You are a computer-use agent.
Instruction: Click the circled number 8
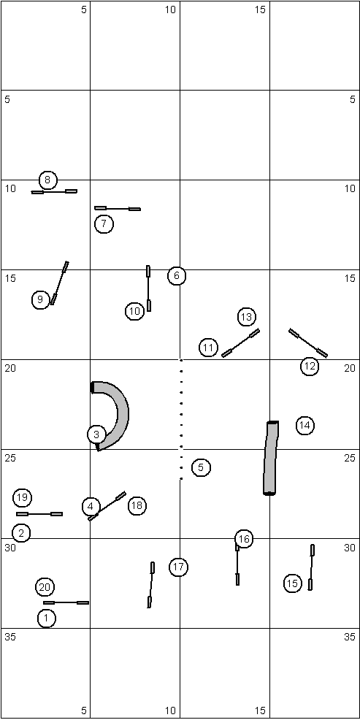click(x=47, y=180)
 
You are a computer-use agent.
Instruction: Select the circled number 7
click(x=104, y=224)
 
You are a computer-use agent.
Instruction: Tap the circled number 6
click(x=177, y=276)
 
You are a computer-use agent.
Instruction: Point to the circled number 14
click(x=305, y=426)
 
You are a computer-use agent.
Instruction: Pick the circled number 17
click(x=179, y=567)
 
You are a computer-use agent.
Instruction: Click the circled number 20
click(x=45, y=587)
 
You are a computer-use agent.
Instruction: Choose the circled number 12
click(x=310, y=367)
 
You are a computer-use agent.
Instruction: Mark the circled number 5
click(x=201, y=467)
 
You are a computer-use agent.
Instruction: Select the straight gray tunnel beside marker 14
click(x=271, y=458)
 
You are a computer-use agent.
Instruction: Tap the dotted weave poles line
click(x=181, y=419)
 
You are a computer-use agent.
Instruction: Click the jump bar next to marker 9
click(x=60, y=283)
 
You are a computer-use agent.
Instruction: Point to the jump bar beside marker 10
click(x=148, y=288)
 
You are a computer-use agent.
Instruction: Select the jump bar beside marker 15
click(x=311, y=567)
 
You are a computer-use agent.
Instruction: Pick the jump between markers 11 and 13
click(x=241, y=342)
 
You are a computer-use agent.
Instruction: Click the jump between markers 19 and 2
click(x=39, y=514)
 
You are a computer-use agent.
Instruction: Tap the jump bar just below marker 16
click(x=237, y=564)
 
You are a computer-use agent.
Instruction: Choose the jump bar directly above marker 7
click(x=118, y=208)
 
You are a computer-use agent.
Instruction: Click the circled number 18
click(x=137, y=505)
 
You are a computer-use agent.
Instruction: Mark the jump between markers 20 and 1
click(x=66, y=602)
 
